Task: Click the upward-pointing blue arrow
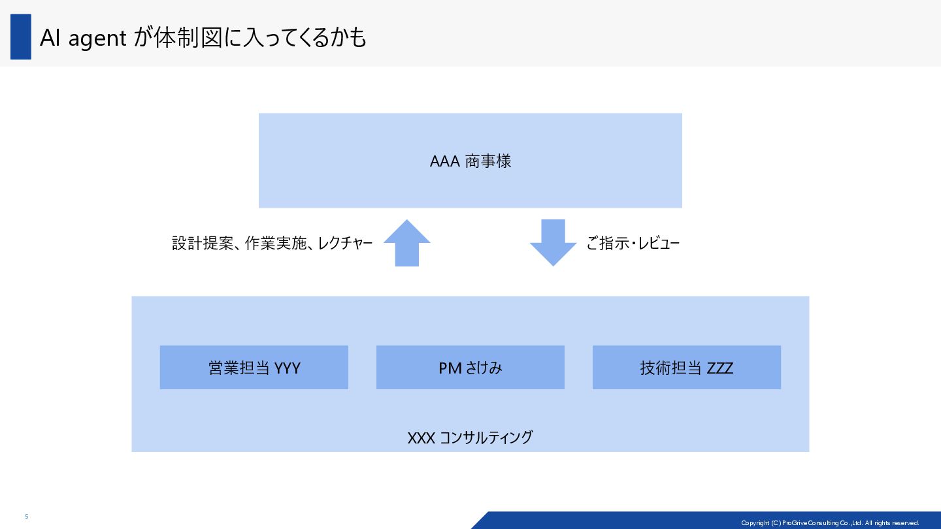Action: pos(406,243)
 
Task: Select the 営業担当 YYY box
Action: pos(254,368)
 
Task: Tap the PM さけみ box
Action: pos(470,368)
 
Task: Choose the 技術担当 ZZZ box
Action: pos(686,368)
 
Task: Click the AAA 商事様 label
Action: pos(470,161)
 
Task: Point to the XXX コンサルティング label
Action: pos(470,437)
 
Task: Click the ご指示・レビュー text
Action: pos(633,244)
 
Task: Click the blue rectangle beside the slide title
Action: pos(21,37)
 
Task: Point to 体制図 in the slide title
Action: pos(186,38)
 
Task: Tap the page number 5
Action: pos(27,517)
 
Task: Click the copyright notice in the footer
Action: pos(829,522)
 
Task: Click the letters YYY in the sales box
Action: pos(288,368)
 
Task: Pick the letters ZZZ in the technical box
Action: pos(719,368)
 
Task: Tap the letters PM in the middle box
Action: pos(450,368)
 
